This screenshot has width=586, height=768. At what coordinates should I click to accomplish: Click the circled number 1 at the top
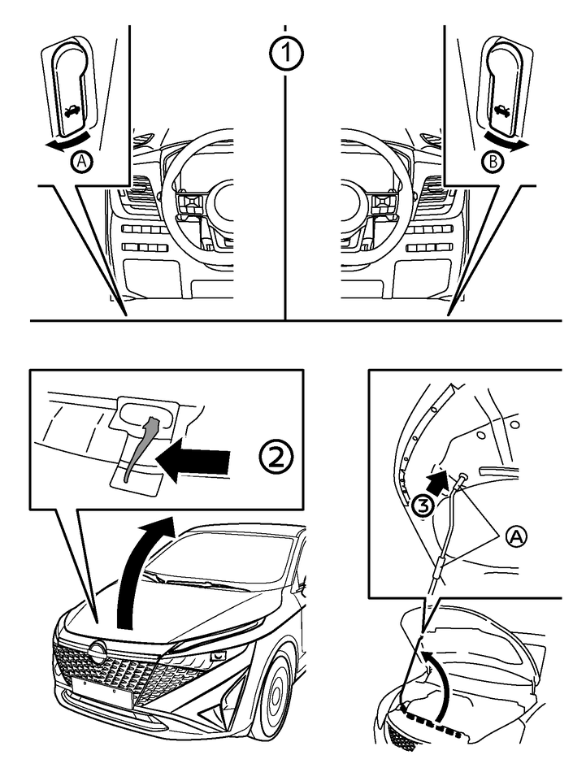(x=284, y=54)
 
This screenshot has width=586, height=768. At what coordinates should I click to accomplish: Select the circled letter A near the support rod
(x=514, y=536)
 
